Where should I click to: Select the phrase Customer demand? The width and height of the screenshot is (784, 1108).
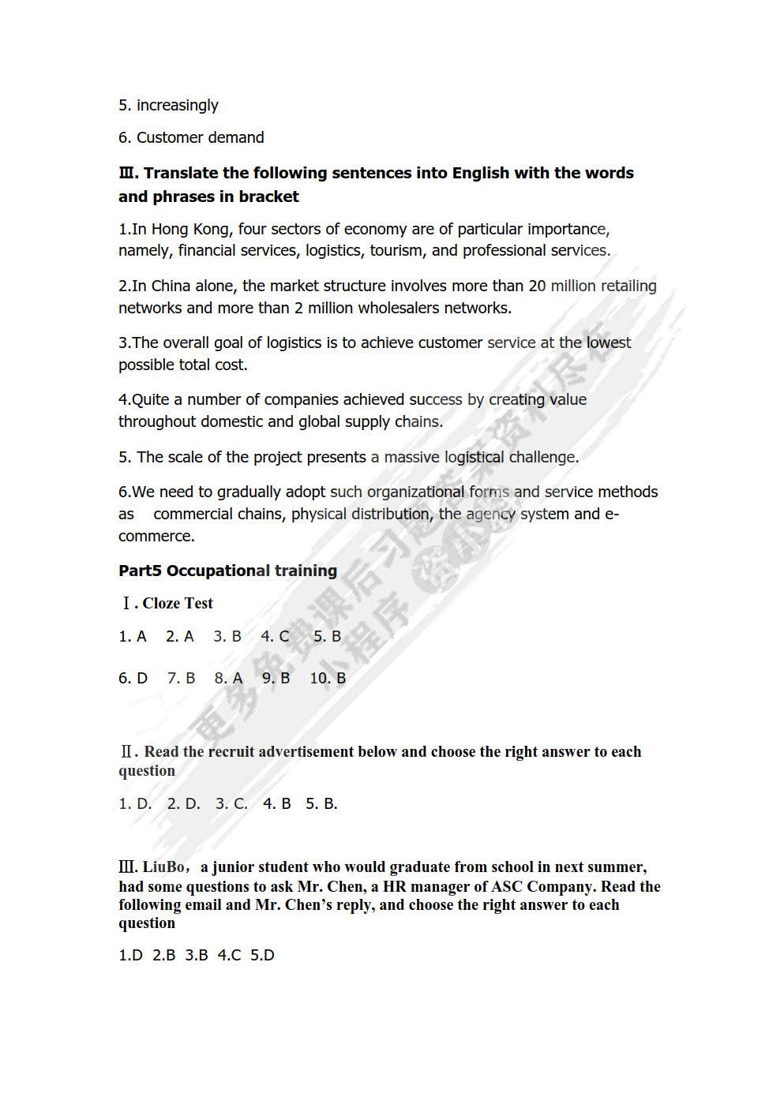coord(200,137)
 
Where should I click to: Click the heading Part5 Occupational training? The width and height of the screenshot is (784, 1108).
coord(227,571)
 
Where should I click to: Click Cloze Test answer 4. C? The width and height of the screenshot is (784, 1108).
coord(275,636)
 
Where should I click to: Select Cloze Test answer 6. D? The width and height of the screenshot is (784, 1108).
coord(133,678)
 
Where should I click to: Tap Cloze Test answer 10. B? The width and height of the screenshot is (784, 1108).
coord(328,678)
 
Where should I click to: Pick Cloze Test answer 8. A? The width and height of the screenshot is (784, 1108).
coord(228,678)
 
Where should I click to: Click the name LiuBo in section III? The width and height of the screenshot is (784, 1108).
coord(163,867)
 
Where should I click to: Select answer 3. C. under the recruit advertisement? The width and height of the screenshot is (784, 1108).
coord(231,803)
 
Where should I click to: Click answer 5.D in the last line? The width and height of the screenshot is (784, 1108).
coord(262,955)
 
